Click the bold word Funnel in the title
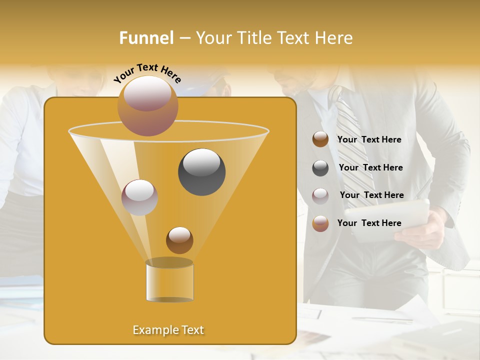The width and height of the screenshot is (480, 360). (146, 38)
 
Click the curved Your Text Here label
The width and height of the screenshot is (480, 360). (147, 73)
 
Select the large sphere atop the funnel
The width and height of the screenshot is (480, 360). (147, 105)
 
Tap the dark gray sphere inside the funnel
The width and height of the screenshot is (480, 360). (201, 172)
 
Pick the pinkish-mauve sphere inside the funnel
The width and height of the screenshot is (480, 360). (139, 197)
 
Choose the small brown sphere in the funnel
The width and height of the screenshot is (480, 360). (179, 240)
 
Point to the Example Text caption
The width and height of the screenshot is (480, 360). (168, 330)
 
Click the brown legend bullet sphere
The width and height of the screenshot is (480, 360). (320, 139)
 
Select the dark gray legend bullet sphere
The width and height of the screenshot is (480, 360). (320, 168)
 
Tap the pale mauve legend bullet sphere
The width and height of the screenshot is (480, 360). (320, 195)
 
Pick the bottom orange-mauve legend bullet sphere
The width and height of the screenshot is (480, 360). (320, 223)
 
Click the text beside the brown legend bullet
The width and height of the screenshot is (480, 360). (369, 139)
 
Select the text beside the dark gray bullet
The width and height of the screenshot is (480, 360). (370, 167)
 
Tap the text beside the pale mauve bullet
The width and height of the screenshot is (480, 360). (371, 195)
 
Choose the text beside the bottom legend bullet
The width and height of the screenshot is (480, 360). (369, 223)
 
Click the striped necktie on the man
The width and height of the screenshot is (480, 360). (352, 150)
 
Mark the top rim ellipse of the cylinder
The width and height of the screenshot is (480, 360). (169, 262)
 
